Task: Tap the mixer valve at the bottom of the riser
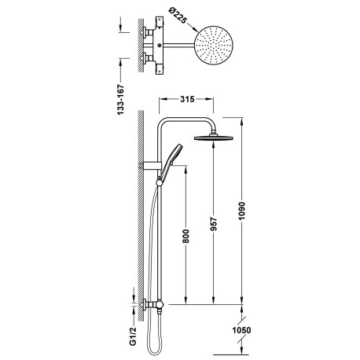pyautogui.click(x=156, y=303)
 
